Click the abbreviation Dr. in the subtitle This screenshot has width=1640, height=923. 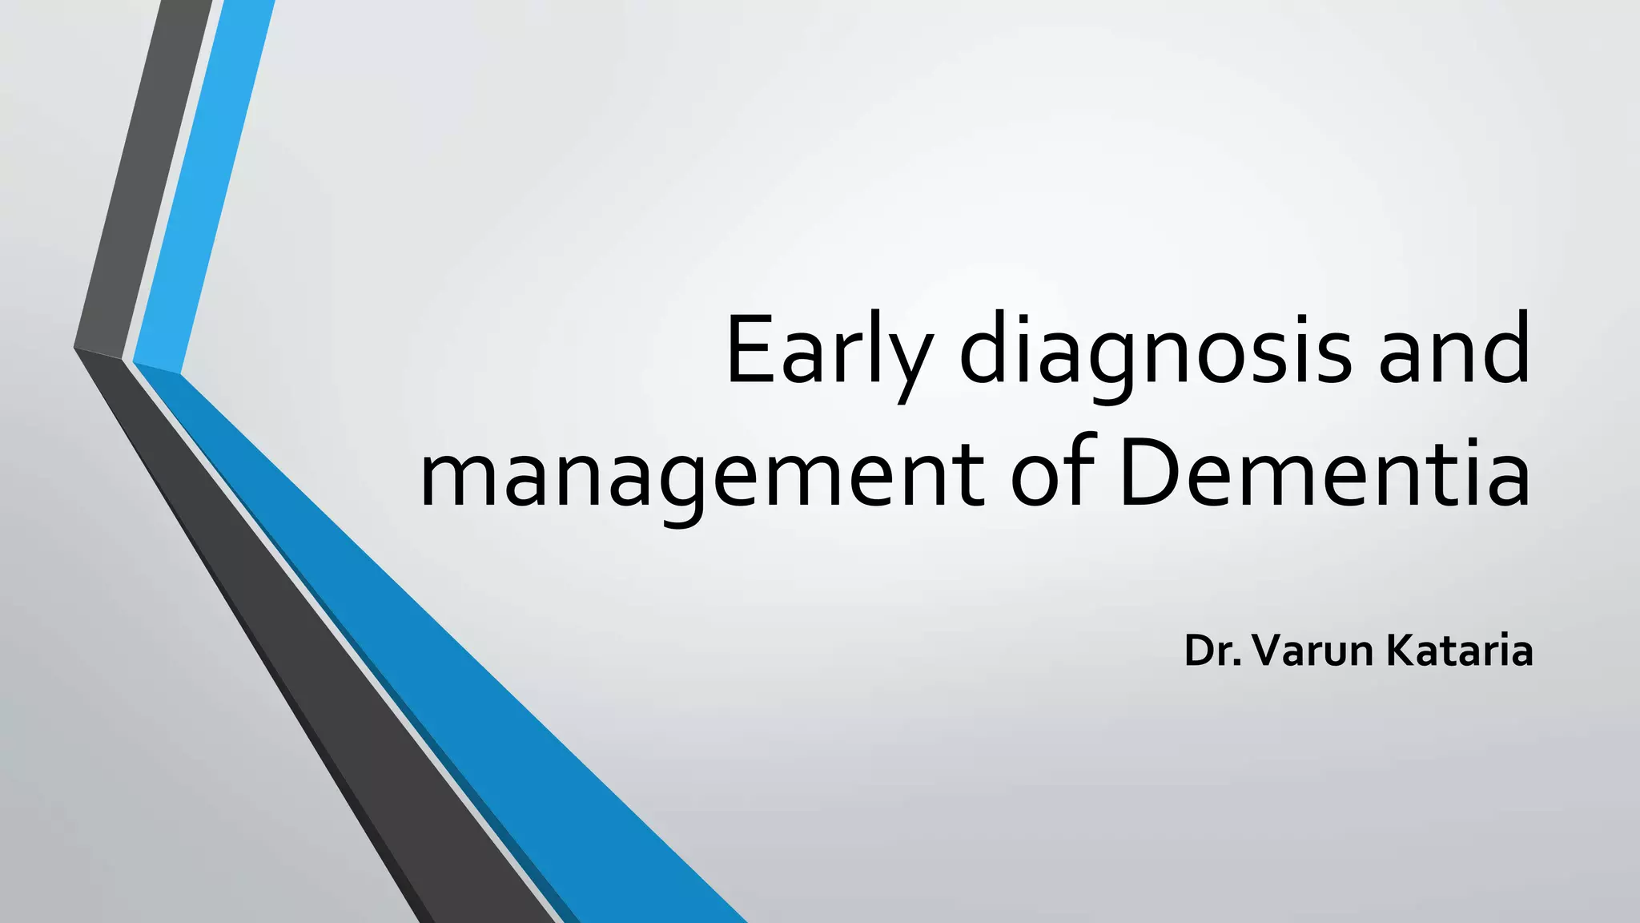tap(1214, 651)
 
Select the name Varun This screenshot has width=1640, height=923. tap(1313, 651)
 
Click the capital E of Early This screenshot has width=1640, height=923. tap(747, 349)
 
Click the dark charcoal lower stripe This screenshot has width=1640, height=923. tap(320, 681)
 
